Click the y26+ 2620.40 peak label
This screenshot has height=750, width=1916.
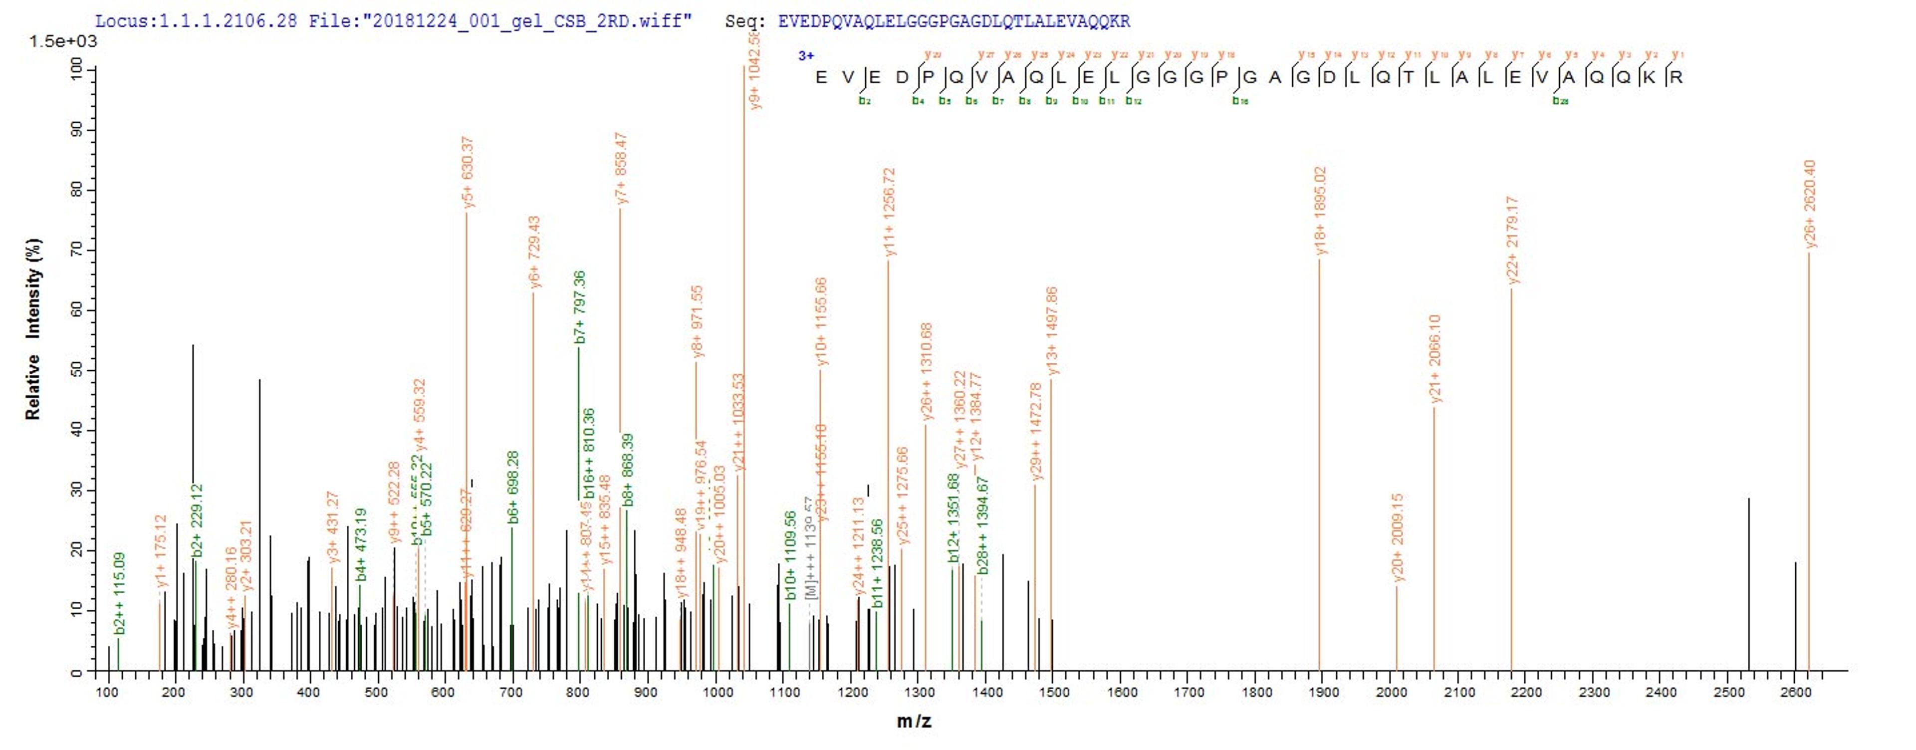coord(1810,203)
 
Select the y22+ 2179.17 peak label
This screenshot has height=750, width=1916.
coord(1512,240)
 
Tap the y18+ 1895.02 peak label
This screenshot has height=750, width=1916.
coord(1320,211)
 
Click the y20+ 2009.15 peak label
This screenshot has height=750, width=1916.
coord(1397,537)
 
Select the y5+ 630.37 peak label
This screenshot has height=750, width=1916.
coord(467,172)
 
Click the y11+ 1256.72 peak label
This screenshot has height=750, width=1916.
coord(889,212)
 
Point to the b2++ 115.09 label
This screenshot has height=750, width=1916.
coord(119,593)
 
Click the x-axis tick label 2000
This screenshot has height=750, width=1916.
coord(1391,693)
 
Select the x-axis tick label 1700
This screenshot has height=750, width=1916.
coord(1189,693)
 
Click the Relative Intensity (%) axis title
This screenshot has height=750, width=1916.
coord(33,329)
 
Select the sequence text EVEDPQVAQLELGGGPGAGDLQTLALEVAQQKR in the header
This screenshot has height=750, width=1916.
coord(954,21)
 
